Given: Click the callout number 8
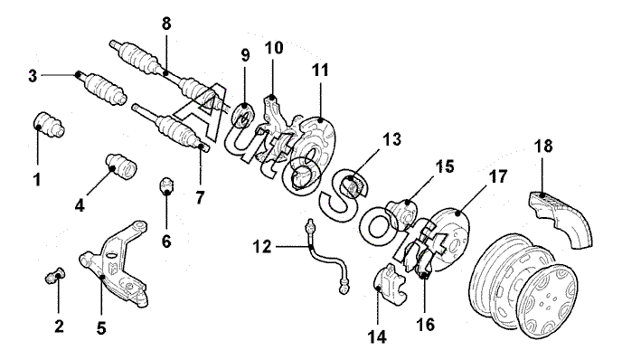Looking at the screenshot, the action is tap(166, 24).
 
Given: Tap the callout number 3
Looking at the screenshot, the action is tap(33, 76).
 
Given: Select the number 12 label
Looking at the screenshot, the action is tap(262, 247).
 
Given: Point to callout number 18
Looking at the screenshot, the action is tap(543, 146).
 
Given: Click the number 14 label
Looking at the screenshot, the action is tap(376, 337).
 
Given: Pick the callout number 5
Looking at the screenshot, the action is tap(101, 328).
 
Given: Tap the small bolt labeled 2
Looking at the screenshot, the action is tap(55, 275).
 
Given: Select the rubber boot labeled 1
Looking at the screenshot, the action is tap(48, 125).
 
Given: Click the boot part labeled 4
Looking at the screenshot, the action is tap(121, 166).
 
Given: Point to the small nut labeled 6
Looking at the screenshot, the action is tap(166, 185).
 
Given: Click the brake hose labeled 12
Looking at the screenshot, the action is tap(326, 259).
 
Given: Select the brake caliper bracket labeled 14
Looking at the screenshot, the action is tap(390, 282).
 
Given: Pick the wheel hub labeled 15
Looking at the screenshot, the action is tap(401, 213).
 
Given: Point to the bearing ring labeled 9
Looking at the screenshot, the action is tap(243, 114).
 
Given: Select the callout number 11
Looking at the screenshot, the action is tap(320, 70).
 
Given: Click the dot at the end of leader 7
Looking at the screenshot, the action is tap(201, 147).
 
